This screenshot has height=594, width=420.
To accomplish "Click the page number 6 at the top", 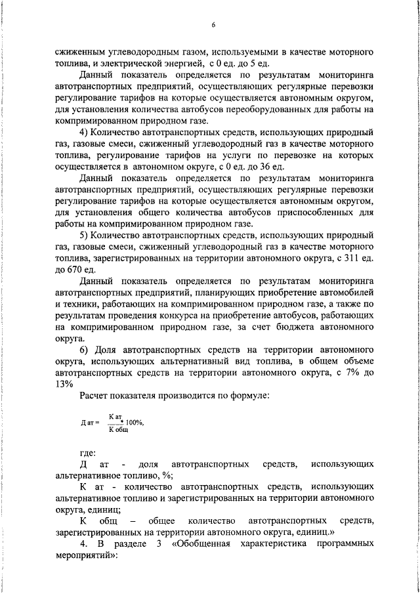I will pos(213,25).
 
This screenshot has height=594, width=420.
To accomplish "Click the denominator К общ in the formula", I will pos(118,429).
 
